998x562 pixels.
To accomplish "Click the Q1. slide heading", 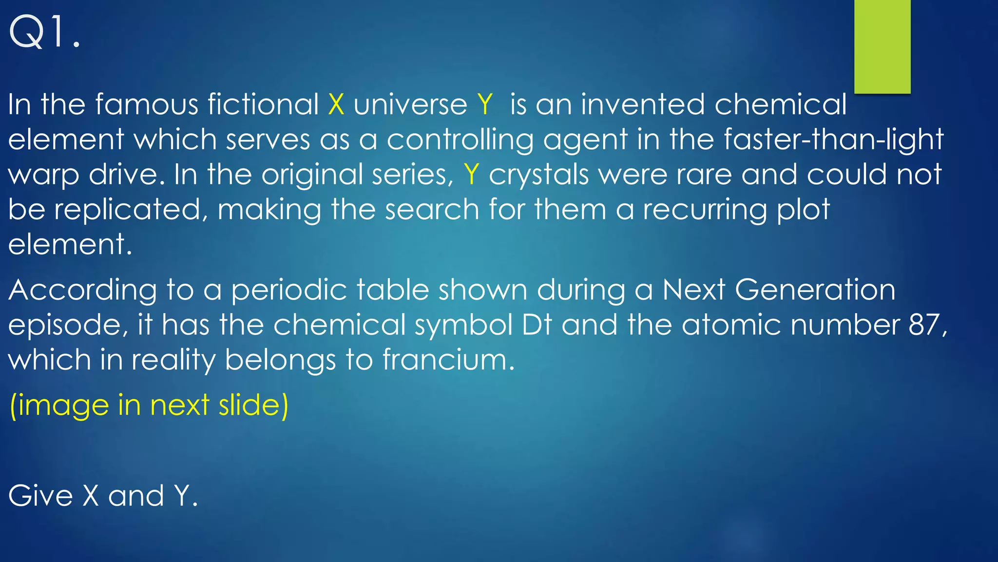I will (x=45, y=33).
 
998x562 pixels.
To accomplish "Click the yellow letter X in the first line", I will (x=336, y=104).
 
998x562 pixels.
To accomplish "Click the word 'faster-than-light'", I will (x=833, y=140).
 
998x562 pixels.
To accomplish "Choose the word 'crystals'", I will (x=538, y=175).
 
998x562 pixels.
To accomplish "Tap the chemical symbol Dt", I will (x=537, y=325).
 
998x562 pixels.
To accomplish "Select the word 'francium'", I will (x=448, y=360).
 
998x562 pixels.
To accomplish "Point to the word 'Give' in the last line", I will (x=40, y=496).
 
